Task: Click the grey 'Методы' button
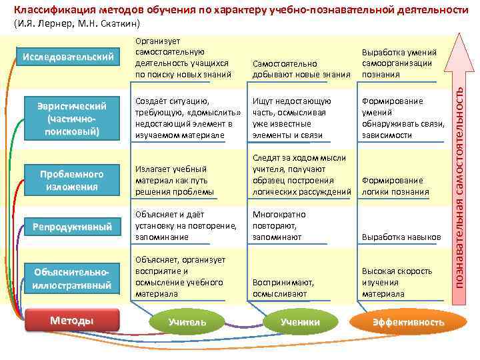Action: pos(72,321)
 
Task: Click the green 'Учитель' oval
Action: pos(187,323)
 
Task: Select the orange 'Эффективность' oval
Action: pos(408,323)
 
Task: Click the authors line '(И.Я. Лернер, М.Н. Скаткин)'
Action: pos(77,24)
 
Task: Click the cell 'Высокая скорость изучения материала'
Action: pos(391,283)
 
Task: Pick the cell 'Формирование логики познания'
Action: pos(395,186)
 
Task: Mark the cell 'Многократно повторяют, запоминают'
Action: pos(279,226)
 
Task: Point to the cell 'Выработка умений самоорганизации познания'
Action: pos(399,63)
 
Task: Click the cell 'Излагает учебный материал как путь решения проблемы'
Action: pos(174,180)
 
